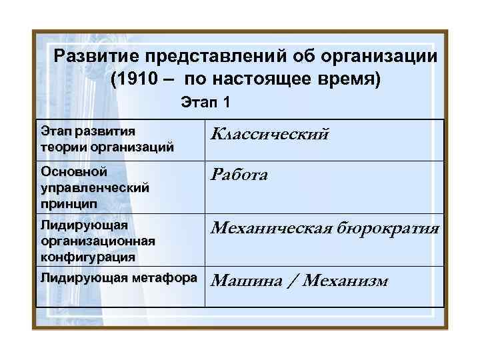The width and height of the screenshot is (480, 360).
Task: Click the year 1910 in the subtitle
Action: (x=137, y=81)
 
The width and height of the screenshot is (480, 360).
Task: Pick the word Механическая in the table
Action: (x=277, y=229)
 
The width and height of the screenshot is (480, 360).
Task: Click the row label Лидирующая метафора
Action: (x=119, y=277)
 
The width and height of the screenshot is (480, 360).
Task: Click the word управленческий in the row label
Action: (x=93, y=187)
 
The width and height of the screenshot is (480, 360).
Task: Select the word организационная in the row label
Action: (x=97, y=241)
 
